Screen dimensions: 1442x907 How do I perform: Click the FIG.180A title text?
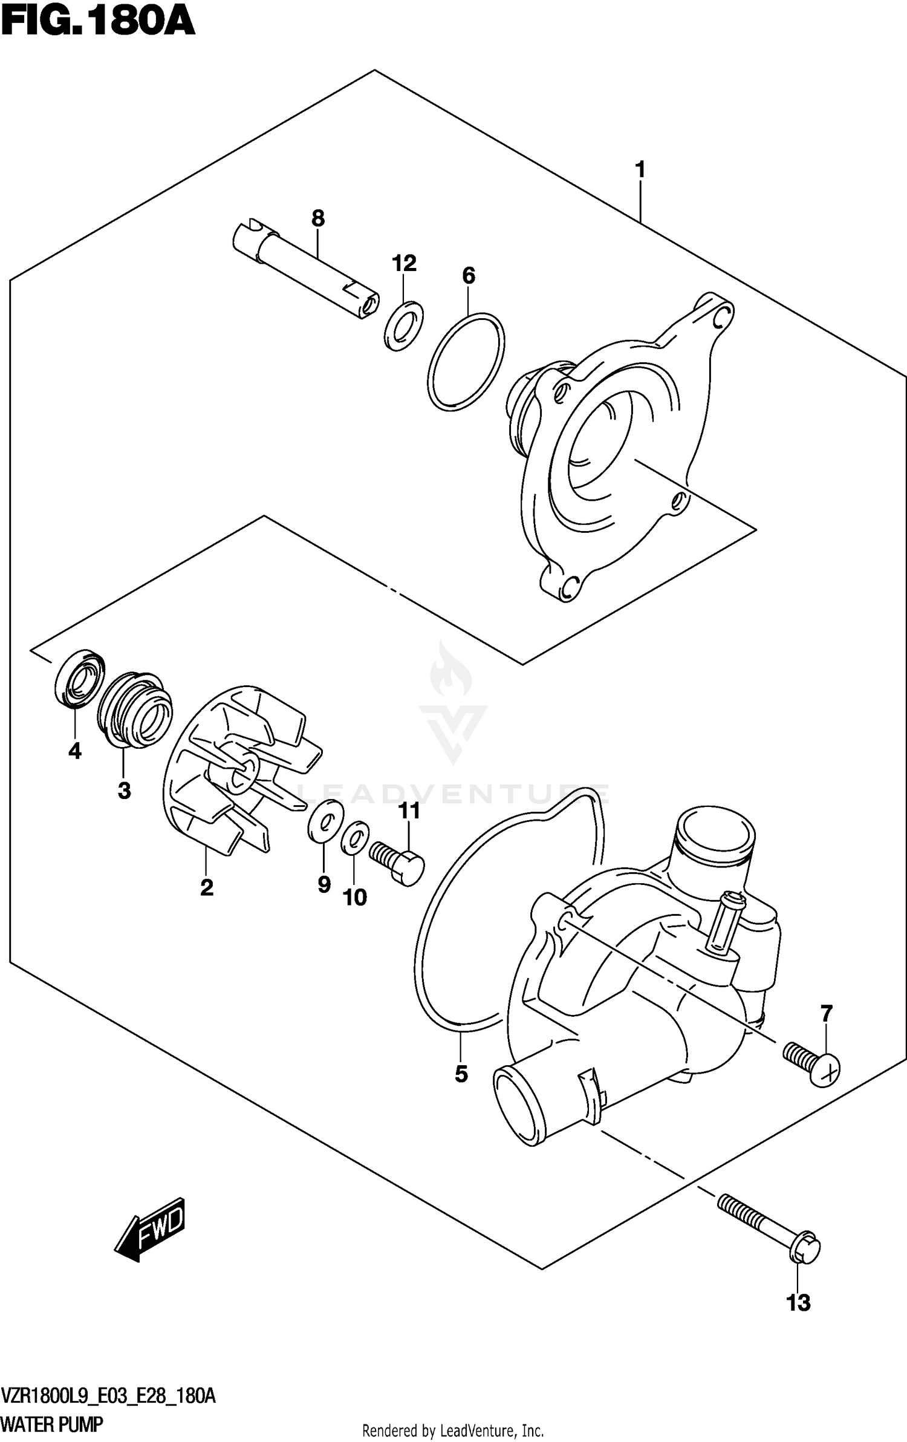tap(98, 24)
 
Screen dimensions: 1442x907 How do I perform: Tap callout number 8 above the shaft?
tap(318, 218)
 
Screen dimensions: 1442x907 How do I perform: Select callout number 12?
tap(404, 263)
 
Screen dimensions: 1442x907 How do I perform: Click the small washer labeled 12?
tap(403, 326)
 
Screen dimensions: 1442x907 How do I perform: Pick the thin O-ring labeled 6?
tap(466, 362)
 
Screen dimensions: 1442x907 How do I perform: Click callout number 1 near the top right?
tap(640, 170)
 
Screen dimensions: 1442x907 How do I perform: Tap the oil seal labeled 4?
tap(79, 678)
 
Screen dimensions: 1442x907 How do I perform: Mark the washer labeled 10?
tap(355, 837)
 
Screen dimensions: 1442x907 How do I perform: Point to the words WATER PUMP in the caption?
tap(52, 1420)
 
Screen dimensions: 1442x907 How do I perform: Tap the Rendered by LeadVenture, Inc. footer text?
tap(453, 1426)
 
